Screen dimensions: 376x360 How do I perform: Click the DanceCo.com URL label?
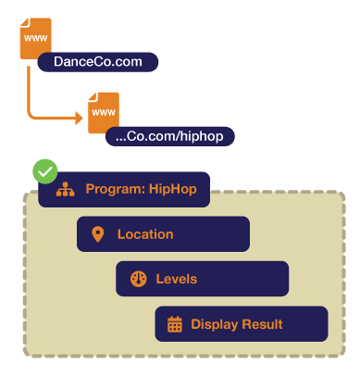(98, 62)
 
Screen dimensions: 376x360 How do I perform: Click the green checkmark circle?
(44, 171)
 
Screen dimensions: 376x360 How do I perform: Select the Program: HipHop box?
(124, 190)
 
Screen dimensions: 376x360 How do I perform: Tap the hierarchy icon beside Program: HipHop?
(64, 190)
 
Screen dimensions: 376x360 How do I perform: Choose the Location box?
(163, 234)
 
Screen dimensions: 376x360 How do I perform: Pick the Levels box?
(202, 279)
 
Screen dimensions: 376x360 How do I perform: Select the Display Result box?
(241, 324)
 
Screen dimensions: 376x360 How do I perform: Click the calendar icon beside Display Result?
(174, 324)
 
